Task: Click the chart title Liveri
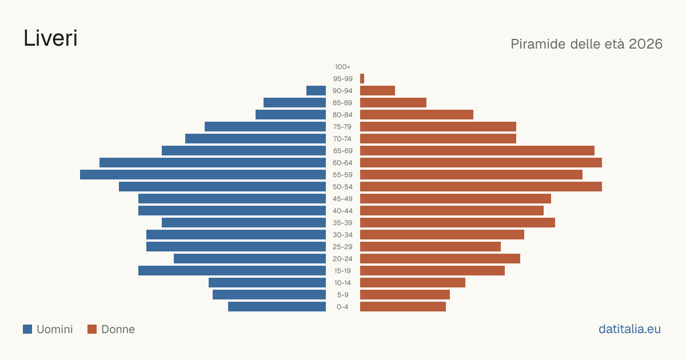coord(50,38)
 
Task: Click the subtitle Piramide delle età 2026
coord(587,44)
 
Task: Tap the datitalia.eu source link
coord(629,329)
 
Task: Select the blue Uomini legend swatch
coord(27,329)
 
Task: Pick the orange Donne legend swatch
coord(92,329)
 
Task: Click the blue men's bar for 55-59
coord(203,174)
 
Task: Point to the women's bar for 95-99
coord(362,79)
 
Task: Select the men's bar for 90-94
coord(316,91)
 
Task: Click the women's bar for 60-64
coord(481,162)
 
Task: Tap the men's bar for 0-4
coord(277,307)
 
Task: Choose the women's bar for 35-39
coord(457,222)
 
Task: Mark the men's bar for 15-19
coord(232,271)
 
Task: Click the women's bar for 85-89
coord(393,102)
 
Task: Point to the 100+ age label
coord(342,67)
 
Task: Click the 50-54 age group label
coord(342,187)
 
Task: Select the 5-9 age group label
coord(342,295)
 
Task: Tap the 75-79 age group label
coord(342,127)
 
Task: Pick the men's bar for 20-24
coord(250,259)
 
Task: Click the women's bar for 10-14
coord(413,282)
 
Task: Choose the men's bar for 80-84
coord(290,114)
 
